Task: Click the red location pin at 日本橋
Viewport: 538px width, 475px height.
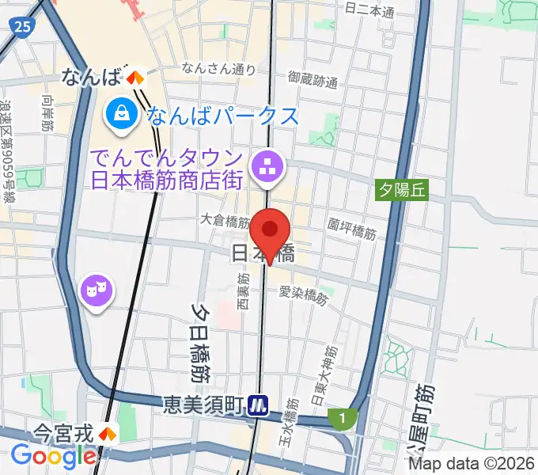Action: point(271,232)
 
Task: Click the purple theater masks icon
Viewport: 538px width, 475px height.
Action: point(97,289)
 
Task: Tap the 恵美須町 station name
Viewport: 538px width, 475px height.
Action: point(203,405)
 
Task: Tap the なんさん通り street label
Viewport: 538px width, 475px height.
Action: point(218,69)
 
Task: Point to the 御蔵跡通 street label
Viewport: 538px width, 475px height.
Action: point(313,80)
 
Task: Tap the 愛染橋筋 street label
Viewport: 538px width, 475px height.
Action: point(303,294)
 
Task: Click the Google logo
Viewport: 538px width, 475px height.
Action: point(53,456)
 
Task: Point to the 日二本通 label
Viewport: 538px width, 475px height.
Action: point(369,12)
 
